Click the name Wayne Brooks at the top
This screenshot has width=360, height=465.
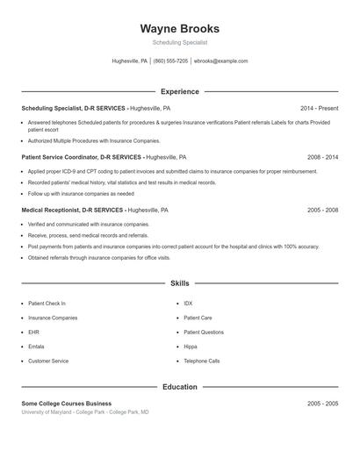(179, 28)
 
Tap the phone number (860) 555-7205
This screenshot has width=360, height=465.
(170, 61)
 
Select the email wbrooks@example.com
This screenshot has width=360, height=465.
(220, 61)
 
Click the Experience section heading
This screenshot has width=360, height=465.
(179, 91)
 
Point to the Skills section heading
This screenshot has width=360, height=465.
(179, 283)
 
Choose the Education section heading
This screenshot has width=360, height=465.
(179, 386)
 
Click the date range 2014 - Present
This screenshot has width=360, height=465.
(319, 108)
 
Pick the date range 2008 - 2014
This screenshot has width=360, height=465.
(322, 157)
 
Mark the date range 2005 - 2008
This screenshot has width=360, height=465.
(322, 211)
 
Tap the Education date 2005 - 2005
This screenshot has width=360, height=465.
(322, 403)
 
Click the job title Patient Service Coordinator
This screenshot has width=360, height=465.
(82, 157)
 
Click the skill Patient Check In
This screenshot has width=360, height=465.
(47, 304)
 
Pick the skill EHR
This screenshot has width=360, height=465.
(33, 333)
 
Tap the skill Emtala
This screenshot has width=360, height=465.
(37, 347)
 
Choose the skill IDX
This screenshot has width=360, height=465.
(188, 304)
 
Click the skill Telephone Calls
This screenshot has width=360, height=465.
(201, 361)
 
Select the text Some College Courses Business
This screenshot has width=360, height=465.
(67, 403)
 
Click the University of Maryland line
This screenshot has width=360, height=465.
(84, 411)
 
